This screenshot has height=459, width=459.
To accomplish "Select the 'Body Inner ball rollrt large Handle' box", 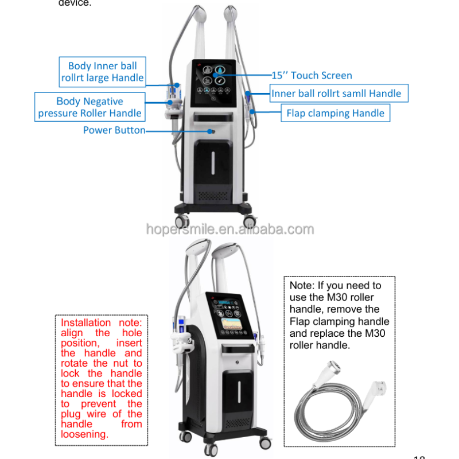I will pos(103,72).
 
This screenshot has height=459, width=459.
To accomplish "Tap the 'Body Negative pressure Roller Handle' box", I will pos(90,107).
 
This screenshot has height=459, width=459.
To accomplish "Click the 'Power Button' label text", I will pos(114,130).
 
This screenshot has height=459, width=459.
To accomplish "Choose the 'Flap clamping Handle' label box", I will pos(335,113).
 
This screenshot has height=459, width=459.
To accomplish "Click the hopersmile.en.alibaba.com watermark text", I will pos(229,229).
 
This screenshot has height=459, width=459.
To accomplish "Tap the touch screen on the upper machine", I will pos(217,83).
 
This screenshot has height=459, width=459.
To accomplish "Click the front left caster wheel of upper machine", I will pos(184,220).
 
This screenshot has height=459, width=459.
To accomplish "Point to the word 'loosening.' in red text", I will pos(84,434).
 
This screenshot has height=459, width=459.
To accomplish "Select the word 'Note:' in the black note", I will pos(302,285).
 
